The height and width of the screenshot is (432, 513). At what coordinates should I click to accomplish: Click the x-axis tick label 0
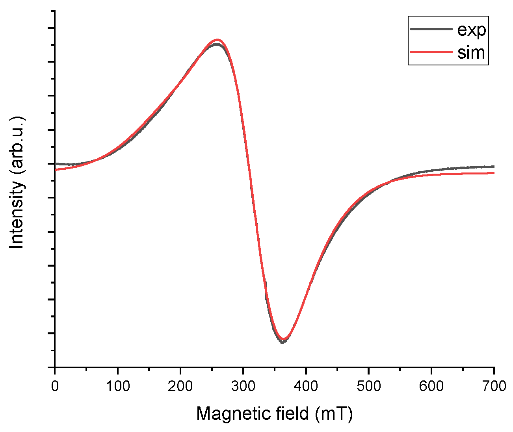tap(55, 386)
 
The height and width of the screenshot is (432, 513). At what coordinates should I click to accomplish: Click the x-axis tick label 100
tap(117, 386)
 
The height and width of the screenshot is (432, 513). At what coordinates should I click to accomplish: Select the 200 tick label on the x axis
tap(180, 386)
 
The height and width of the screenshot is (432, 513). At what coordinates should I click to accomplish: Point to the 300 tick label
tap(243, 386)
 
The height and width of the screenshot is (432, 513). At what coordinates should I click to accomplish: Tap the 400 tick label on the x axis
tap(306, 386)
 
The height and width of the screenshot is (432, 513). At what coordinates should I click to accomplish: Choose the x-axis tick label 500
tap(368, 386)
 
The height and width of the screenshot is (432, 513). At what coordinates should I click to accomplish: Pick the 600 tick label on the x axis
tap(431, 386)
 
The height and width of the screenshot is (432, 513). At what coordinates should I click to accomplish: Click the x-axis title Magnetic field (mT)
tap(274, 413)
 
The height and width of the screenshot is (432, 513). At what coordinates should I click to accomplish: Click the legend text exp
tap(471, 30)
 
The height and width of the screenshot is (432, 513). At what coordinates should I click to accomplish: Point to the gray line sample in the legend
tap(431, 29)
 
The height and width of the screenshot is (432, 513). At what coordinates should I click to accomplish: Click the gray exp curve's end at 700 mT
tap(494, 167)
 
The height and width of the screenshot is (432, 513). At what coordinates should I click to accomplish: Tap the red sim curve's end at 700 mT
tap(494, 173)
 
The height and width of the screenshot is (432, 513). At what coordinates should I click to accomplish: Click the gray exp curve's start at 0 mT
tap(56, 163)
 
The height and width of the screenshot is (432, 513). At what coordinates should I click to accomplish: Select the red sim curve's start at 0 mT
tap(56, 170)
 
